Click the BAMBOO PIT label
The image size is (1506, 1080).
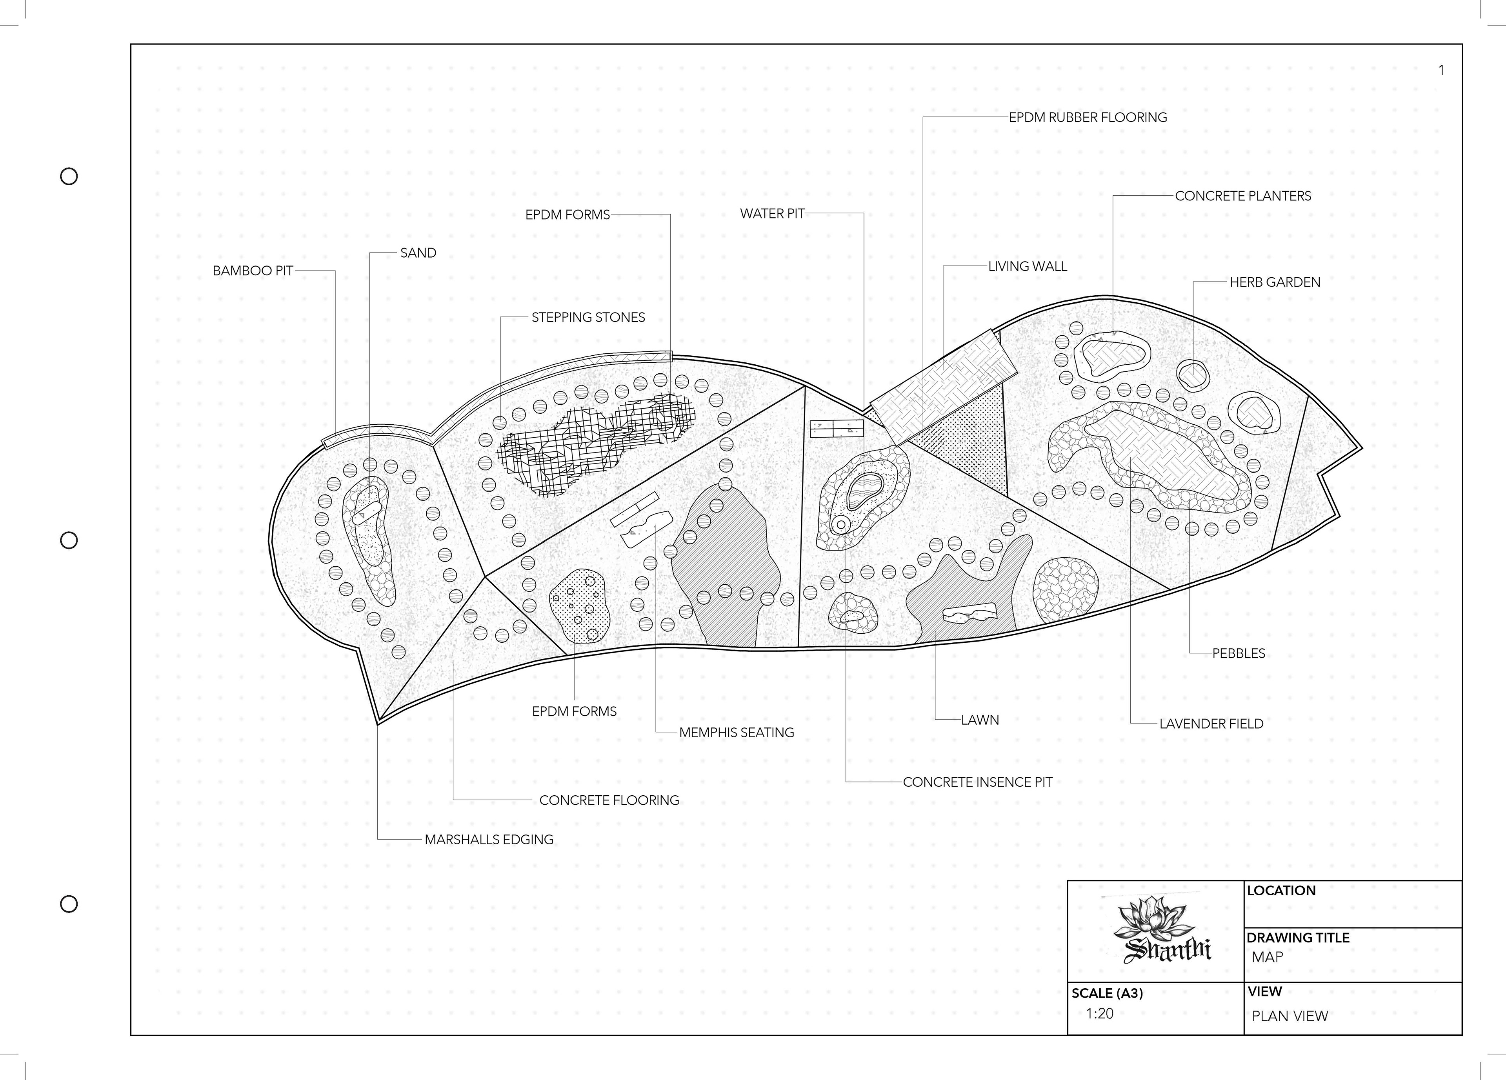(x=252, y=271)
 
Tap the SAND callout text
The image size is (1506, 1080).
(x=418, y=253)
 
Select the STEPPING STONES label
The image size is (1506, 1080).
(x=587, y=317)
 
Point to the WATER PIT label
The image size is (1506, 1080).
(x=771, y=214)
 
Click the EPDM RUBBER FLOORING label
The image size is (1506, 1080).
(x=1088, y=118)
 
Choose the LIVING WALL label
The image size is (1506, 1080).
(x=1027, y=266)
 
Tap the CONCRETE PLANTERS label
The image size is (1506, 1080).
(x=1242, y=196)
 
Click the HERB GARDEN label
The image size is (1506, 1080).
(x=1274, y=282)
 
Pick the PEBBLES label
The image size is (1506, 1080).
(x=1239, y=653)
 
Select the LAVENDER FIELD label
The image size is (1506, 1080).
(x=1211, y=724)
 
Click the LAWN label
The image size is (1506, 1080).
(x=979, y=720)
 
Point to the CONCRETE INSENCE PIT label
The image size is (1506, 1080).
(x=977, y=782)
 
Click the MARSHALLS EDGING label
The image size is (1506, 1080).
(x=489, y=840)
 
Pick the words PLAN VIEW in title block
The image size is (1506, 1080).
(x=1290, y=1016)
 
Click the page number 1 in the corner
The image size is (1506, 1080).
(x=1441, y=70)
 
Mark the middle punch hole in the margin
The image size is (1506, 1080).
(x=69, y=540)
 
